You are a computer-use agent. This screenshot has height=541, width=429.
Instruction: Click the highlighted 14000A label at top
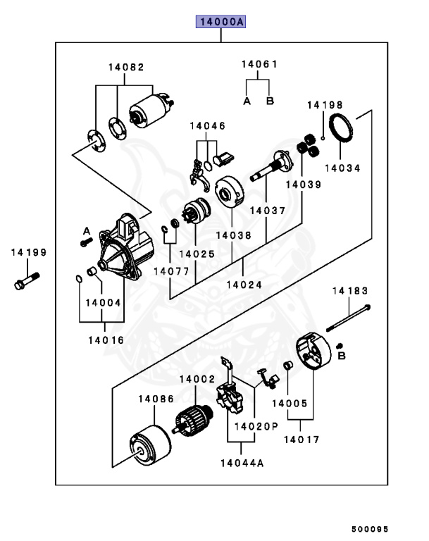[x=220, y=23]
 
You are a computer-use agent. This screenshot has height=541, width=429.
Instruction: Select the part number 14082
[x=125, y=68]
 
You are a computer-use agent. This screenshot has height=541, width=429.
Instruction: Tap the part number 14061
[x=259, y=64]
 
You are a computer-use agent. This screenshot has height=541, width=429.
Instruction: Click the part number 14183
[x=350, y=290]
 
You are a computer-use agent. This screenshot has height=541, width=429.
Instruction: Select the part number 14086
[x=156, y=399]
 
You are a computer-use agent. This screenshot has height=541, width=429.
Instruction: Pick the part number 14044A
[x=242, y=463]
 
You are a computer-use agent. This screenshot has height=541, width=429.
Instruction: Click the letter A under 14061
[x=247, y=101]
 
